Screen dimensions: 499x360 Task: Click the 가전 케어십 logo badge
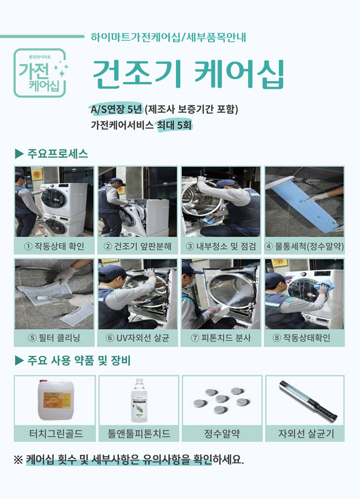(x=40, y=73)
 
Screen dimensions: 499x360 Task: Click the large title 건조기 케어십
(x=188, y=74)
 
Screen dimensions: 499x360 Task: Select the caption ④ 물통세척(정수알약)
(x=304, y=247)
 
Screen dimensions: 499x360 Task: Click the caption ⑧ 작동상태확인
(x=304, y=338)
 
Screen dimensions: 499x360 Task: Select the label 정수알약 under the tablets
(x=222, y=434)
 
